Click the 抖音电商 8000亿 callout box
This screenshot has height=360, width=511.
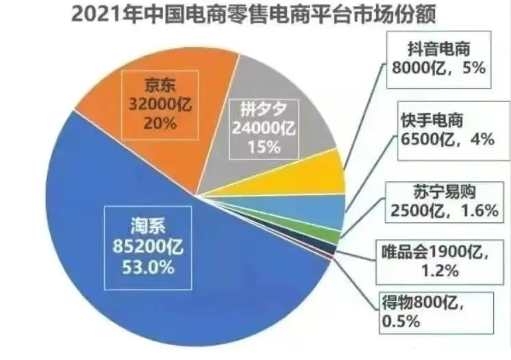coord(438,60)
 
